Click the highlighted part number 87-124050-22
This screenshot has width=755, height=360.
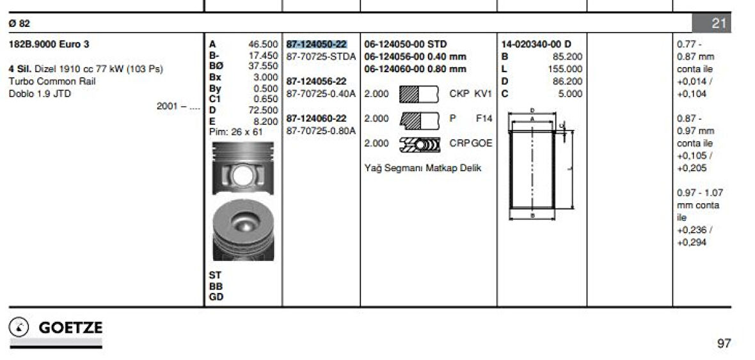click(x=316, y=44)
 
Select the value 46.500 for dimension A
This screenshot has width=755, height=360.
click(x=263, y=44)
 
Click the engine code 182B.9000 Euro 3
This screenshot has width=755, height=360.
click(x=49, y=44)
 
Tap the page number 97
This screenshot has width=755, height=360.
click(x=724, y=343)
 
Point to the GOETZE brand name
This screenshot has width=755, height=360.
click(x=71, y=328)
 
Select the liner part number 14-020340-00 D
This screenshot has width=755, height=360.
click(x=536, y=44)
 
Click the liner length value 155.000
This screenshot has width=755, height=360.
click(x=565, y=69)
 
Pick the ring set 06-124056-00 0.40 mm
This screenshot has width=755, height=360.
click(x=415, y=57)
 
